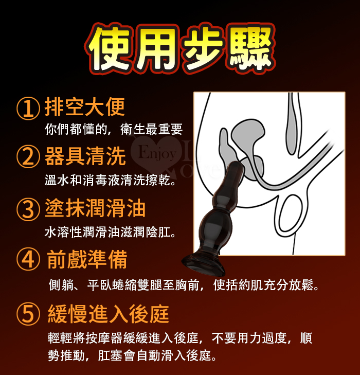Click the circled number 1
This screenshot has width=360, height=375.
pyautogui.click(x=28, y=109)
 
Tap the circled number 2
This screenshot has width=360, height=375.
pyautogui.click(x=28, y=156)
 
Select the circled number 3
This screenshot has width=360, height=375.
pyautogui.click(x=28, y=209)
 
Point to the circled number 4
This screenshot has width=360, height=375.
pyautogui.click(x=28, y=259)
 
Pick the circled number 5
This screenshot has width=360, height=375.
pyautogui.click(x=28, y=314)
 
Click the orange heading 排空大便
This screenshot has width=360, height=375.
pyautogui.click(x=85, y=107)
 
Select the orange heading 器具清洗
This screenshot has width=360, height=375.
pyautogui.click(x=85, y=156)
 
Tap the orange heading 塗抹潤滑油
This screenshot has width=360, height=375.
pyautogui.click(x=95, y=208)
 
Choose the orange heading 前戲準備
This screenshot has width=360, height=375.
pyautogui.click(x=87, y=259)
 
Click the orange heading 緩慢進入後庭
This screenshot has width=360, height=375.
pyautogui.click(x=109, y=314)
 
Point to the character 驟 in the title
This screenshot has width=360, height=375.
pyautogui.click(x=250, y=48)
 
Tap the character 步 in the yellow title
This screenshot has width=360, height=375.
pyautogui.click(x=203, y=48)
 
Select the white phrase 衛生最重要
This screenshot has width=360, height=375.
pyautogui.click(x=152, y=129)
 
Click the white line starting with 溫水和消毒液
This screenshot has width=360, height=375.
pyautogui.click(x=111, y=180)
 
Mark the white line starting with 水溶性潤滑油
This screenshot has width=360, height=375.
pyautogui.click(x=111, y=232)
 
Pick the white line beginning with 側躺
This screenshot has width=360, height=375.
pyautogui.click(x=184, y=284)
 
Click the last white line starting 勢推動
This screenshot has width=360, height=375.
pyautogui.click(x=132, y=355)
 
